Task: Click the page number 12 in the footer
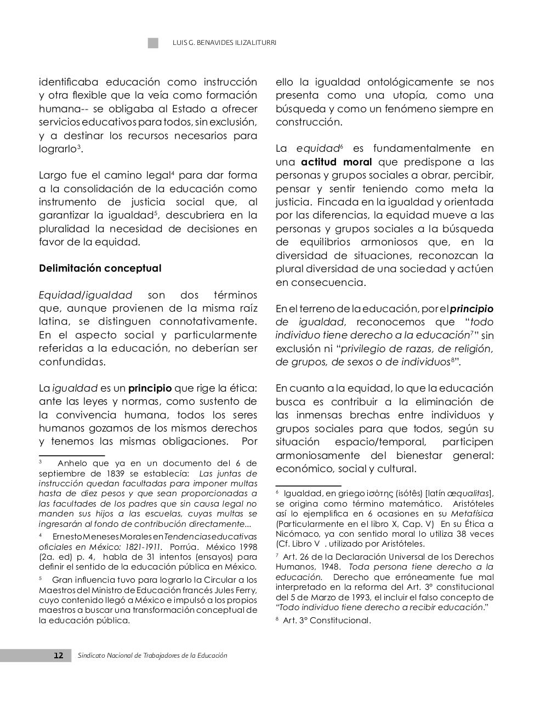(x=59, y=656)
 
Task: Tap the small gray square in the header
(x=153, y=43)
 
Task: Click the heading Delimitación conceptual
(x=100, y=268)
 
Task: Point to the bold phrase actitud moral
(x=336, y=162)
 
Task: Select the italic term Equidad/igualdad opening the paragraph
(x=86, y=295)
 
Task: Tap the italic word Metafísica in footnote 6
(x=472, y=514)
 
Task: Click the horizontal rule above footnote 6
(x=308, y=485)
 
